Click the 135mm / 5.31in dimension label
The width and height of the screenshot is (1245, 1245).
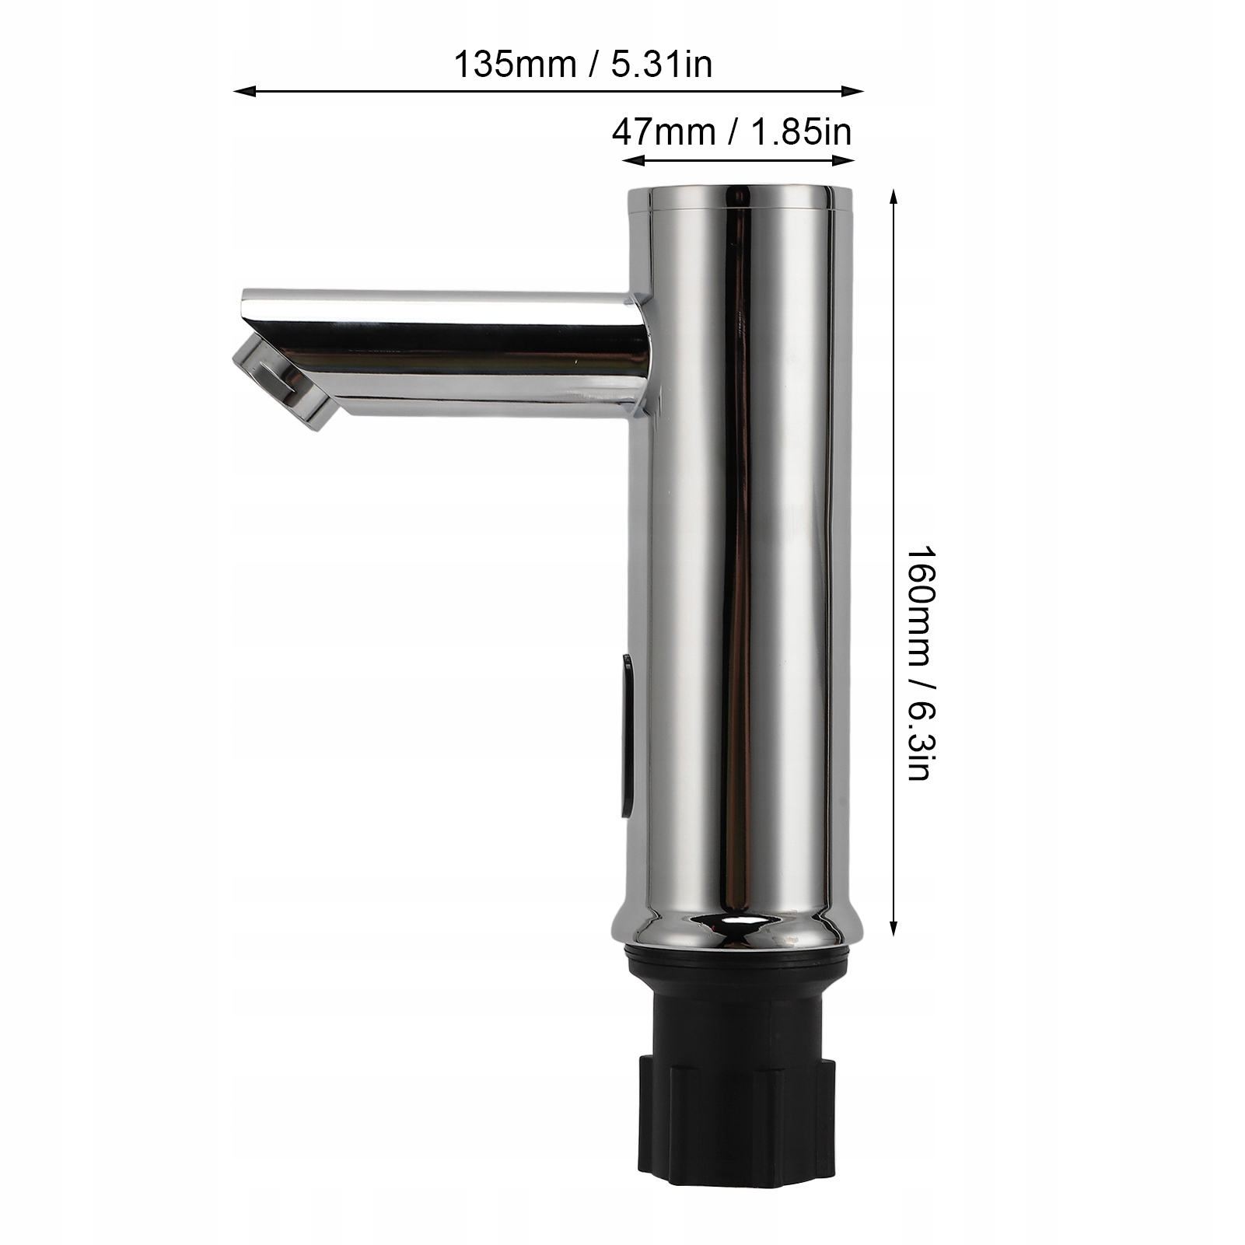583,65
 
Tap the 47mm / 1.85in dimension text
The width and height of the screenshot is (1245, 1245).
732,132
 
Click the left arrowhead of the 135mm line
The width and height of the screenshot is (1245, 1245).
243,92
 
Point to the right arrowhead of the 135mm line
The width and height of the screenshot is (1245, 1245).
855,92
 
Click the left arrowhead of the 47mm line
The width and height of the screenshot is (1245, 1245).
631,161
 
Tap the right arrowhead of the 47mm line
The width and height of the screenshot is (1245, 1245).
845,161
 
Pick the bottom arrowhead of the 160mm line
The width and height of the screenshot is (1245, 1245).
894,925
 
